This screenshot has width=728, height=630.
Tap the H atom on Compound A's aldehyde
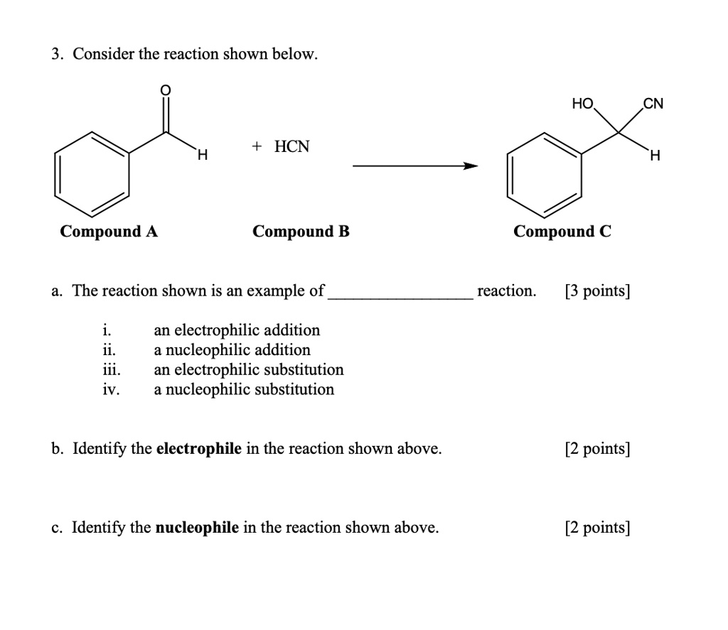coord(202,154)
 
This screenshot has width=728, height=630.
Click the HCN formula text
coord(292,147)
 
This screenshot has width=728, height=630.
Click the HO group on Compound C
coord(582,104)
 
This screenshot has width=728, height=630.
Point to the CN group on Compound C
coord(653,104)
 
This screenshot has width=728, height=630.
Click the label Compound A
coord(109,232)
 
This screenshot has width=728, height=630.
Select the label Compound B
coord(301,232)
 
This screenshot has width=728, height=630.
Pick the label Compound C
coord(562,232)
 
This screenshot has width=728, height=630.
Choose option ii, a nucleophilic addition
coord(232,350)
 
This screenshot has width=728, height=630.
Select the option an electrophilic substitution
coord(248,370)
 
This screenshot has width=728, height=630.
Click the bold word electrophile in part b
coord(198,449)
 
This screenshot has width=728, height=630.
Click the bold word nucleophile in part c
coord(197,528)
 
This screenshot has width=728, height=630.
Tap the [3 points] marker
coord(597,291)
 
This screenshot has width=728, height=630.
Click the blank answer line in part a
coord(400,297)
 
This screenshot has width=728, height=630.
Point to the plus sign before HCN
coord(257,147)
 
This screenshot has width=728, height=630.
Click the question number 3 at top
coord(55,55)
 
